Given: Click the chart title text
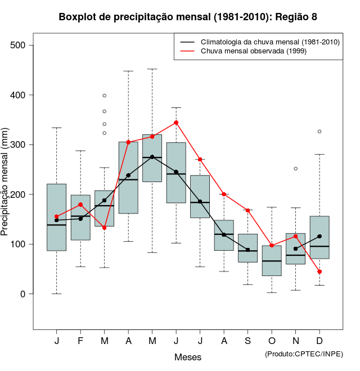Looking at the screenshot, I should [x=188, y=17].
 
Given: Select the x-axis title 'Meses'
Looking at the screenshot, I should [x=188, y=357].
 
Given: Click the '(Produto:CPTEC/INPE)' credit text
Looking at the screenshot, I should [x=304, y=354].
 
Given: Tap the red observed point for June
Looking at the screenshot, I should [x=176, y=123].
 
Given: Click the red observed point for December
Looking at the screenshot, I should [x=319, y=272].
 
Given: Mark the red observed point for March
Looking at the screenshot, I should [x=105, y=228].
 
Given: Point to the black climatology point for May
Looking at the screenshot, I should [x=152, y=157].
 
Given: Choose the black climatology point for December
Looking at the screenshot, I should [x=319, y=236].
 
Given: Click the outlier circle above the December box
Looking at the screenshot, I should [x=319, y=132].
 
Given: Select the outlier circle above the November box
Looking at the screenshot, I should [x=296, y=169].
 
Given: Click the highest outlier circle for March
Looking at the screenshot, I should [x=105, y=96].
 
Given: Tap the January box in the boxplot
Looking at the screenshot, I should [x=57, y=217].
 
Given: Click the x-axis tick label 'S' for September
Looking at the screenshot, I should [x=248, y=341].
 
